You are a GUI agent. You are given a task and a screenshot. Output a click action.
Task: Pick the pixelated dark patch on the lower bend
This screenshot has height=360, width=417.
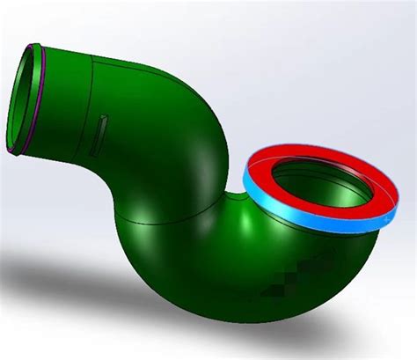[x=305, y=265]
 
